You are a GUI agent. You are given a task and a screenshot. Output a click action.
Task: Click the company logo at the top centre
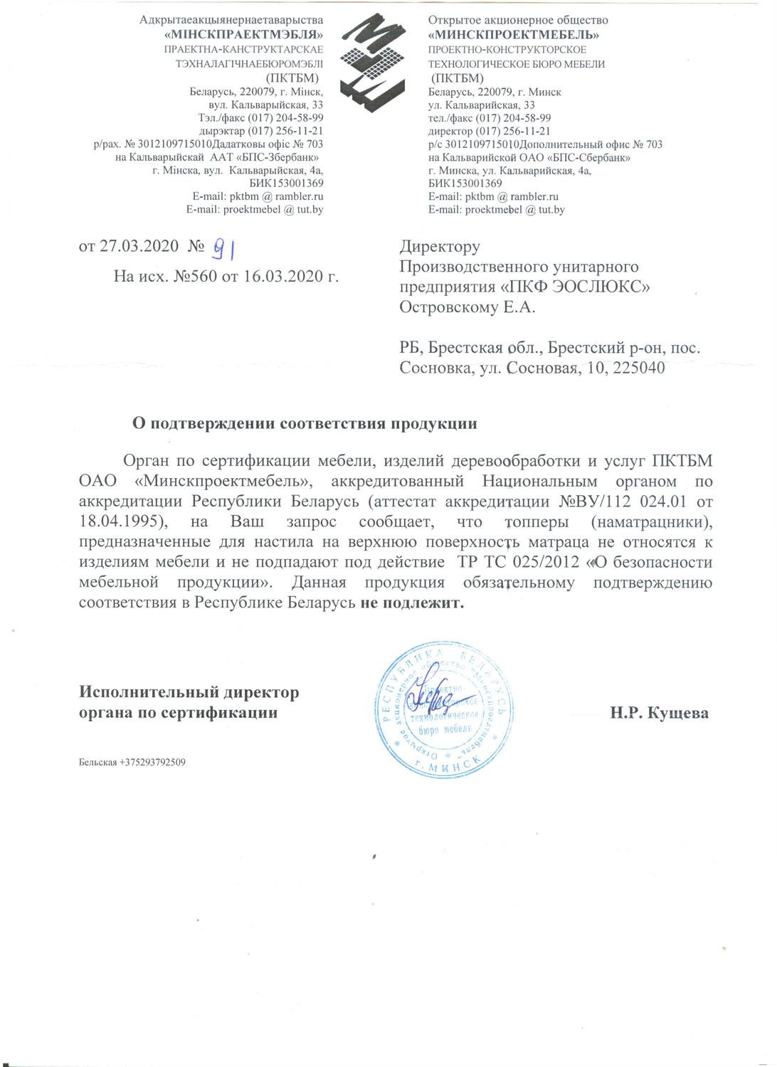(372, 60)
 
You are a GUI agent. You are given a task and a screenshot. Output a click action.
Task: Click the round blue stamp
(444, 709)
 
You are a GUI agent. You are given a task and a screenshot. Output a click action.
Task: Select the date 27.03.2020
(139, 246)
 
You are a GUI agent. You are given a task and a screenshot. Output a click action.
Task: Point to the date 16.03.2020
(282, 276)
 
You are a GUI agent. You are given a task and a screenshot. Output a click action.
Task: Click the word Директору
(440, 247)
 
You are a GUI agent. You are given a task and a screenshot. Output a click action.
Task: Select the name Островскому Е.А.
(467, 307)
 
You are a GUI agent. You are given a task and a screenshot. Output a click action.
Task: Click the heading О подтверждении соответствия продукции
(305, 424)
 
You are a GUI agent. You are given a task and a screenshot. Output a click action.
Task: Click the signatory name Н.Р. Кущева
(659, 713)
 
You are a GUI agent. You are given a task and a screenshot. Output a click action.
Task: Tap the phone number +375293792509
(153, 763)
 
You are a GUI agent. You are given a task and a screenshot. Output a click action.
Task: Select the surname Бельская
(97, 763)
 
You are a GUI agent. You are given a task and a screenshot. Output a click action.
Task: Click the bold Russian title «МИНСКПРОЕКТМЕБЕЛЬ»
(513, 35)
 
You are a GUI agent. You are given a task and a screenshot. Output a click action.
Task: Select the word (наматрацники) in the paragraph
(651, 521)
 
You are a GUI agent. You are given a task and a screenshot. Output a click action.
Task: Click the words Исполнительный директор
(189, 692)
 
